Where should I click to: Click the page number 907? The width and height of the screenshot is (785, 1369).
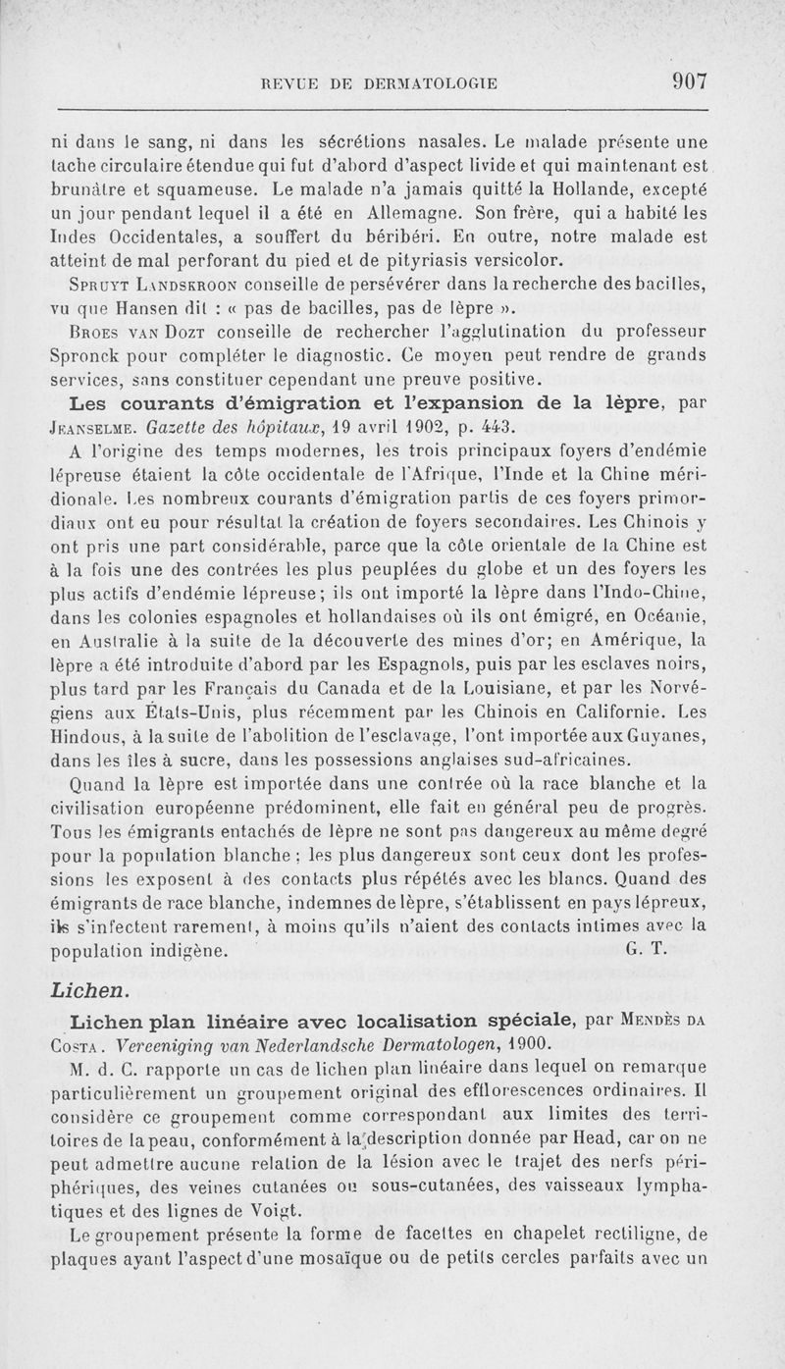click(x=690, y=82)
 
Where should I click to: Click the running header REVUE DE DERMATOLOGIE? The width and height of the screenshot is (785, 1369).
click(x=374, y=84)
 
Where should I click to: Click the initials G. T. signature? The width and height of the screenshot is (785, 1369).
click(x=646, y=949)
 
